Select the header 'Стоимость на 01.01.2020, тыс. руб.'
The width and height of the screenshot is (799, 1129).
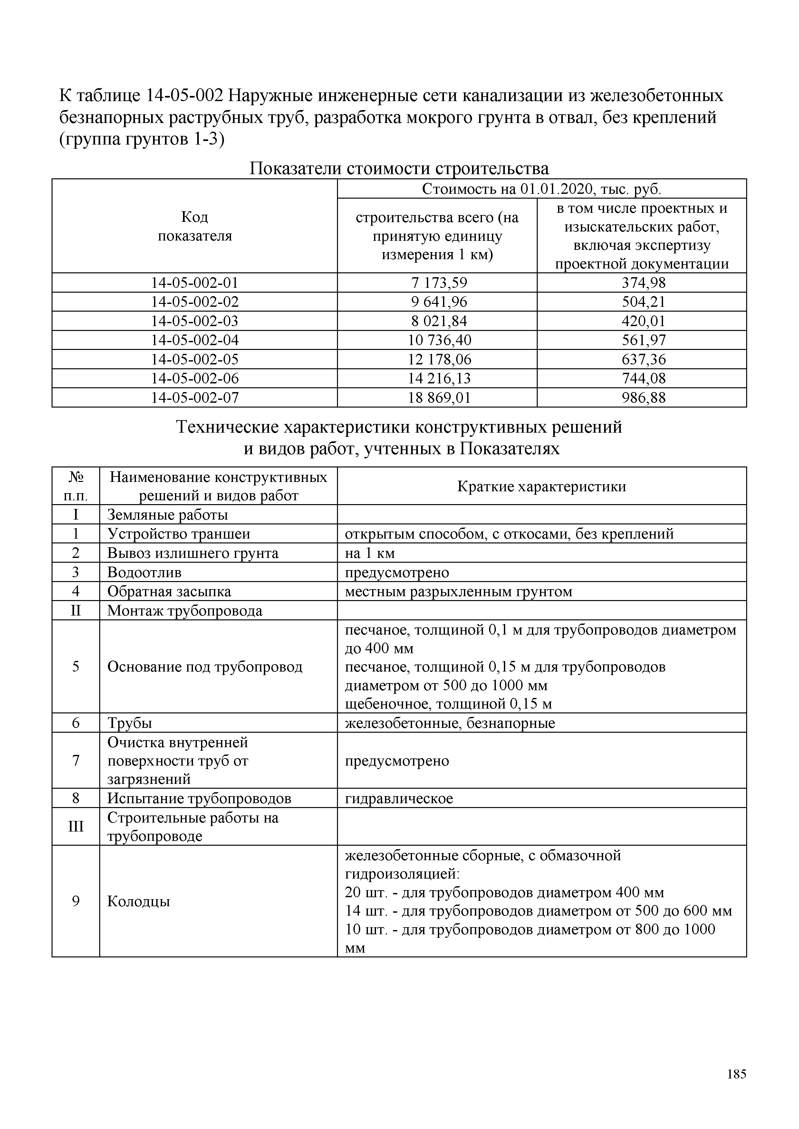tap(541, 189)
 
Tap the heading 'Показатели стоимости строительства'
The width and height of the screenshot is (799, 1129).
tap(399, 169)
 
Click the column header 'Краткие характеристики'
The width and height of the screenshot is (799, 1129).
tap(541, 487)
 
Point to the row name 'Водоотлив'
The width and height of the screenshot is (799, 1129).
tap(144, 572)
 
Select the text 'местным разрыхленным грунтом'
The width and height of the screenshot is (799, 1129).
tap(458, 592)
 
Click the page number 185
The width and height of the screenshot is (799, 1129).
tap(736, 1074)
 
